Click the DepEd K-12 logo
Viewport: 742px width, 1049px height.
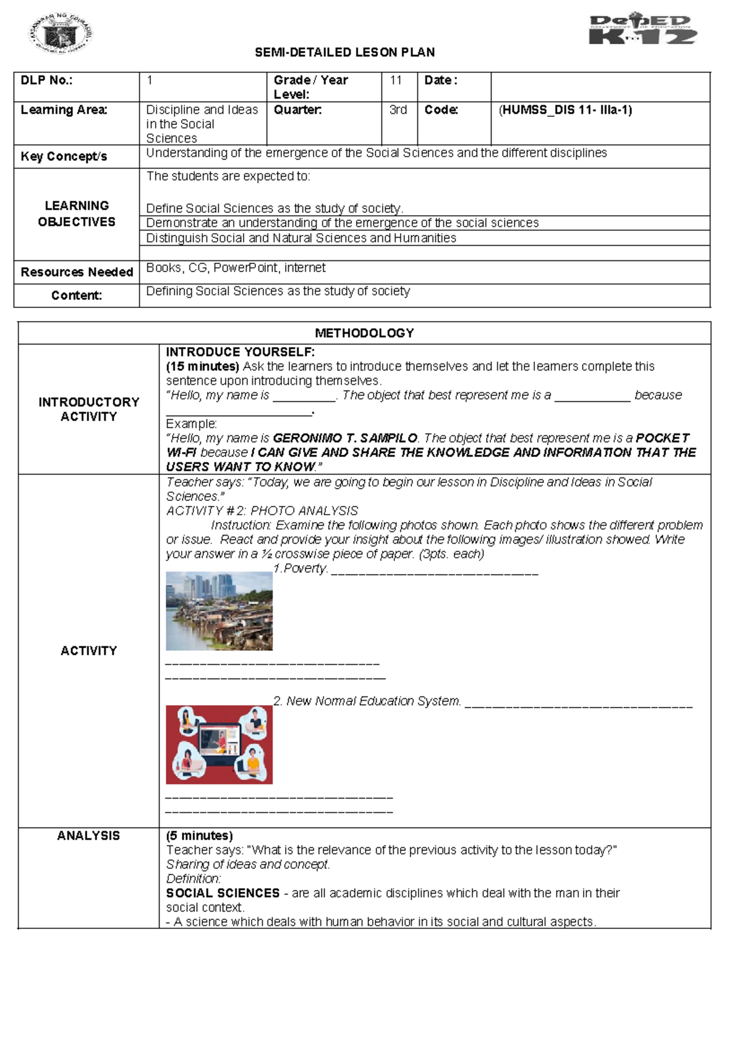(x=642, y=30)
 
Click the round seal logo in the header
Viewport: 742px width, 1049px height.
(x=61, y=34)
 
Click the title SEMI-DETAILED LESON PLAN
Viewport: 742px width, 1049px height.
(x=344, y=53)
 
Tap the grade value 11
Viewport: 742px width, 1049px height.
(x=396, y=80)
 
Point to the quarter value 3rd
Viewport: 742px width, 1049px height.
(x=398, y=110)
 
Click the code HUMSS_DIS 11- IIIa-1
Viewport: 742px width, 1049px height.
(x=565, y=110)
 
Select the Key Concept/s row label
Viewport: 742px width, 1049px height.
(x=64, y=156)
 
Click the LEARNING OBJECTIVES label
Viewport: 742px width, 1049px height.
(x=77, y=213)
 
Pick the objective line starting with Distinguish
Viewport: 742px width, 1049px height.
(x=301, y=238)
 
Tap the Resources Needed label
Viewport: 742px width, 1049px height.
(x=77, y=272)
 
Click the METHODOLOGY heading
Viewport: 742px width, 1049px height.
(x=364, y=333)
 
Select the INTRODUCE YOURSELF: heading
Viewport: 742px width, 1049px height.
(x=240, y=352)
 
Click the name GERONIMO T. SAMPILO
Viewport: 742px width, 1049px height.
(x=345, y=438)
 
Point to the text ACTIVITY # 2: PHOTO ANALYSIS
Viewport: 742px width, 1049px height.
(x=262, y=511)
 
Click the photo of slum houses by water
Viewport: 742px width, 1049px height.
(x=219, y=611)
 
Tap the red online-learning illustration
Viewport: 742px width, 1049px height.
(x=219, y=745)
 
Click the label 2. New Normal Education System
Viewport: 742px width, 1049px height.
(x=367, y=701)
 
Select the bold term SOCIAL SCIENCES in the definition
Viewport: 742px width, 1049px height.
(x=223, y=893)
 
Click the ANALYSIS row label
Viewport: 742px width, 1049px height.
(x=88, y=836)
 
